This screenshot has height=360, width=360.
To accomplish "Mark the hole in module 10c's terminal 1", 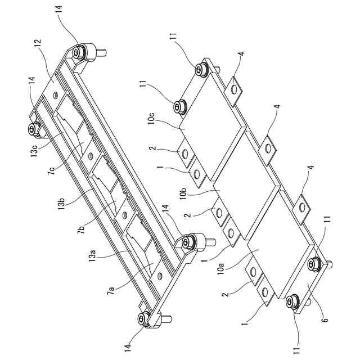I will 196,174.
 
